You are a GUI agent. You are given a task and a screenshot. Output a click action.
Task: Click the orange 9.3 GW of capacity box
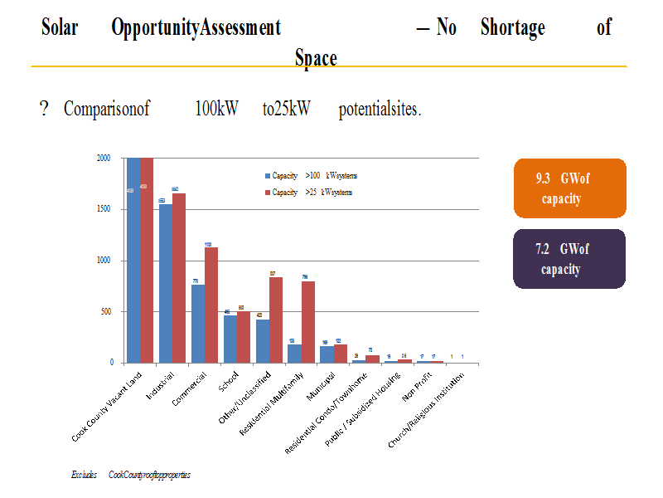click(x=569, y=188)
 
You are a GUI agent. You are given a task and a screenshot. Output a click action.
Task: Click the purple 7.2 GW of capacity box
click(x=569, y=259)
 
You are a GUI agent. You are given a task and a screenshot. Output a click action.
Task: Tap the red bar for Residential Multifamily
click(x=307, y=322)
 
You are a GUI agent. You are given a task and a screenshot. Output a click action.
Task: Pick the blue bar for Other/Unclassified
click(x=263, y=341)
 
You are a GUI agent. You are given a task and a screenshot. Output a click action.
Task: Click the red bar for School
click(x=243, y=337)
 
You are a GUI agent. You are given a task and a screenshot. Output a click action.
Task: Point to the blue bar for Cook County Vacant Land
click(x=133, y=260)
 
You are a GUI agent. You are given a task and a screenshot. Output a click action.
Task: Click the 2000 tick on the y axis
click(x=104, y=158)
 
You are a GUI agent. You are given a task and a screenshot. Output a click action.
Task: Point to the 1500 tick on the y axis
click(x=104, y=209)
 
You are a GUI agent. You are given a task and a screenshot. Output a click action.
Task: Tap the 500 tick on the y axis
click(x=105, y=312)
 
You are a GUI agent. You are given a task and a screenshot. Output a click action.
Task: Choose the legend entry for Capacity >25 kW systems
click(x=307, y=192)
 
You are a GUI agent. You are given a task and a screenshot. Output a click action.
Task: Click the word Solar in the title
click(x=60, y=27)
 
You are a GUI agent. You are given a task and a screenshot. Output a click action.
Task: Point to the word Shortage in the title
click(x=512, y=27)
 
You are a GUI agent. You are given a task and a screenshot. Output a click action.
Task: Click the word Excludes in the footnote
click(x=84, y=475)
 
